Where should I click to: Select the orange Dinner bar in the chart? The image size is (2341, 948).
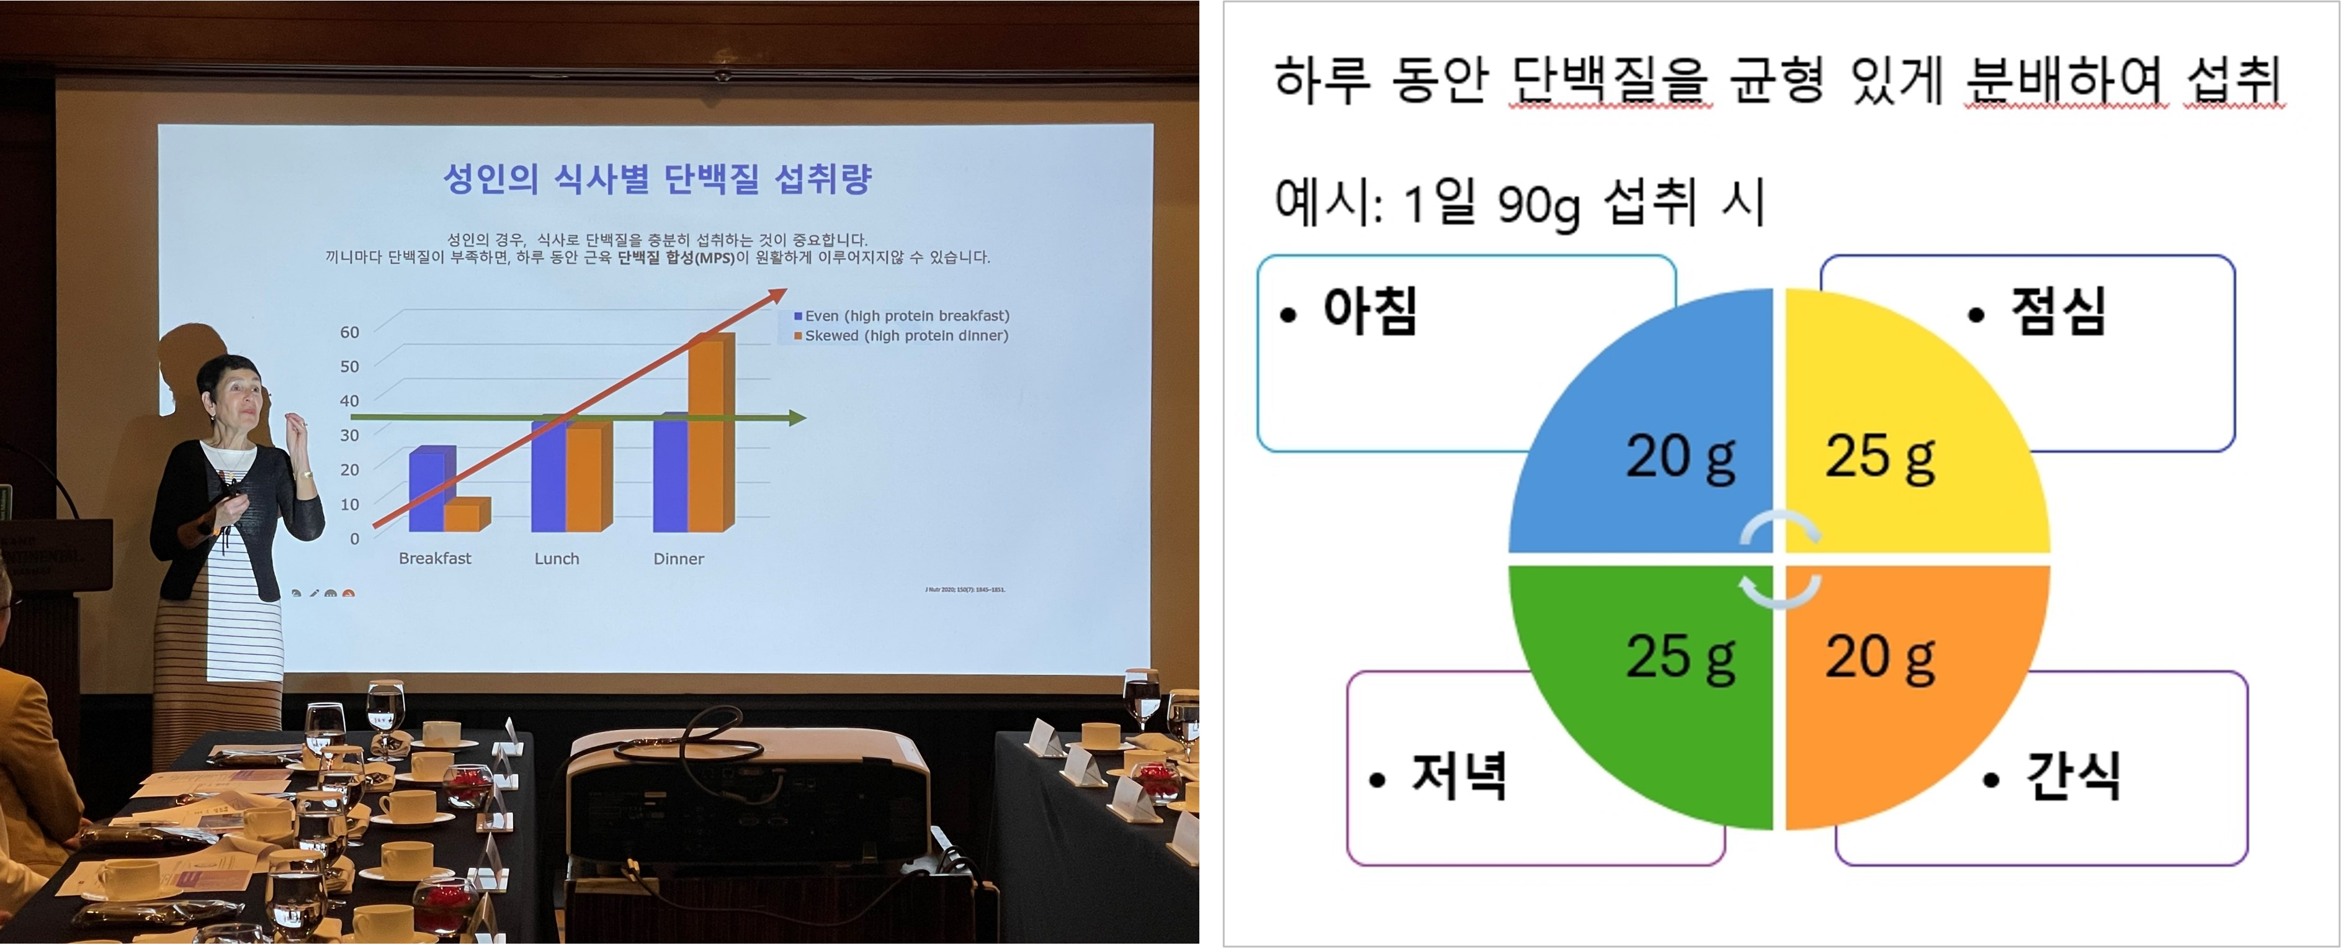tap(710, 435)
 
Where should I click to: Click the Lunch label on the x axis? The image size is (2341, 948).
tap(556, 559)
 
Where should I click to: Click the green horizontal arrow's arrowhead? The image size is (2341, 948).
tap(797, 418)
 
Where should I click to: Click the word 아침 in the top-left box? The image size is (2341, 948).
tap(1369, 312)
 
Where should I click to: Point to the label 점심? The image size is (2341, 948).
tap(2058, 312)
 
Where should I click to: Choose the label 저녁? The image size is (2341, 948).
tap(1459, 777)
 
